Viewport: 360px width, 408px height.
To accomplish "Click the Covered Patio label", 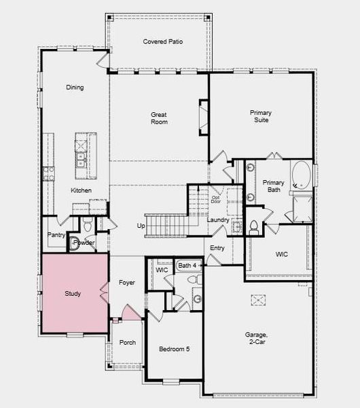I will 162,41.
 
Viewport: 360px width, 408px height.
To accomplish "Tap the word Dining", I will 75,87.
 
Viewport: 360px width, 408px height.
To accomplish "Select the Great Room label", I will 159,118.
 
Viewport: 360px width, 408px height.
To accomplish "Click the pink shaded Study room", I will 73,294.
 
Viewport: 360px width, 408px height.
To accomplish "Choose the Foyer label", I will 126,282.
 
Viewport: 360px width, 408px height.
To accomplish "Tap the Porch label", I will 127,342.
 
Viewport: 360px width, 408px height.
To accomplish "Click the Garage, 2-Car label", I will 258,339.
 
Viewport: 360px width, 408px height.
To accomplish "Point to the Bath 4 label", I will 187,265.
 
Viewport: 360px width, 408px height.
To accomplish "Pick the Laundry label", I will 217,220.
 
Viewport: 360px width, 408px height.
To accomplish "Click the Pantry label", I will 56,235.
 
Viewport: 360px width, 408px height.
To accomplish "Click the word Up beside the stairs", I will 141,225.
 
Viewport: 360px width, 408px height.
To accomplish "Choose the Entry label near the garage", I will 217,248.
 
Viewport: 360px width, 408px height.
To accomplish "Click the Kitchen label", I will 81,190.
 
